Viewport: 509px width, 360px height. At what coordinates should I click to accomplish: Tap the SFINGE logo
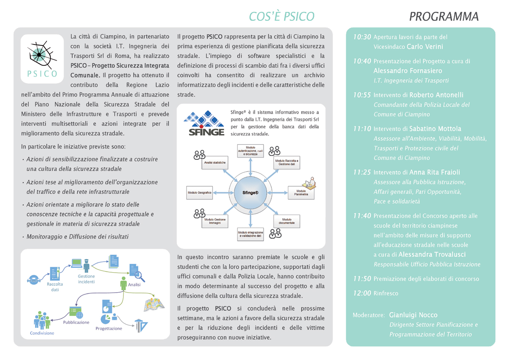point(206,123)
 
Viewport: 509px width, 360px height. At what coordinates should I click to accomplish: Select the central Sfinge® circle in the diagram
point(250,192)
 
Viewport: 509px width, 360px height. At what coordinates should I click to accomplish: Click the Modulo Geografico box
point(200,192)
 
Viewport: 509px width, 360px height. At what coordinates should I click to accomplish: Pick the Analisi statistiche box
point(215,163)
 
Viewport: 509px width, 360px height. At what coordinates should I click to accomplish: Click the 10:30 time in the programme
point(362,37)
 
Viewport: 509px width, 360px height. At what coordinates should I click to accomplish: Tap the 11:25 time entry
point(362,173)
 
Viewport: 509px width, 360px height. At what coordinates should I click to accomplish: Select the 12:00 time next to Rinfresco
point(362,293)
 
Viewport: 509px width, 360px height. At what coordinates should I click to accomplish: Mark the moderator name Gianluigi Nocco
point(413,315)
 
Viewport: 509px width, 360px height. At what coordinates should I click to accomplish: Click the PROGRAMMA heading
point(444,17)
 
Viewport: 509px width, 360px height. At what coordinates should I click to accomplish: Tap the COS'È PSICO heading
point(282,17)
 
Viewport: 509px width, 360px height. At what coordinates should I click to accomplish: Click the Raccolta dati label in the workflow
point(55,287)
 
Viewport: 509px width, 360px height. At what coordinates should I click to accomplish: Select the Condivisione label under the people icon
point(42,333)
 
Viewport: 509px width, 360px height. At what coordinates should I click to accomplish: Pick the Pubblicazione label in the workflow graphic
point(76,322)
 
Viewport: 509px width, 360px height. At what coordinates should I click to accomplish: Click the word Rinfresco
point(386,293)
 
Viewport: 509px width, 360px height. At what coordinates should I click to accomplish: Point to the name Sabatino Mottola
point(435,128)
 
